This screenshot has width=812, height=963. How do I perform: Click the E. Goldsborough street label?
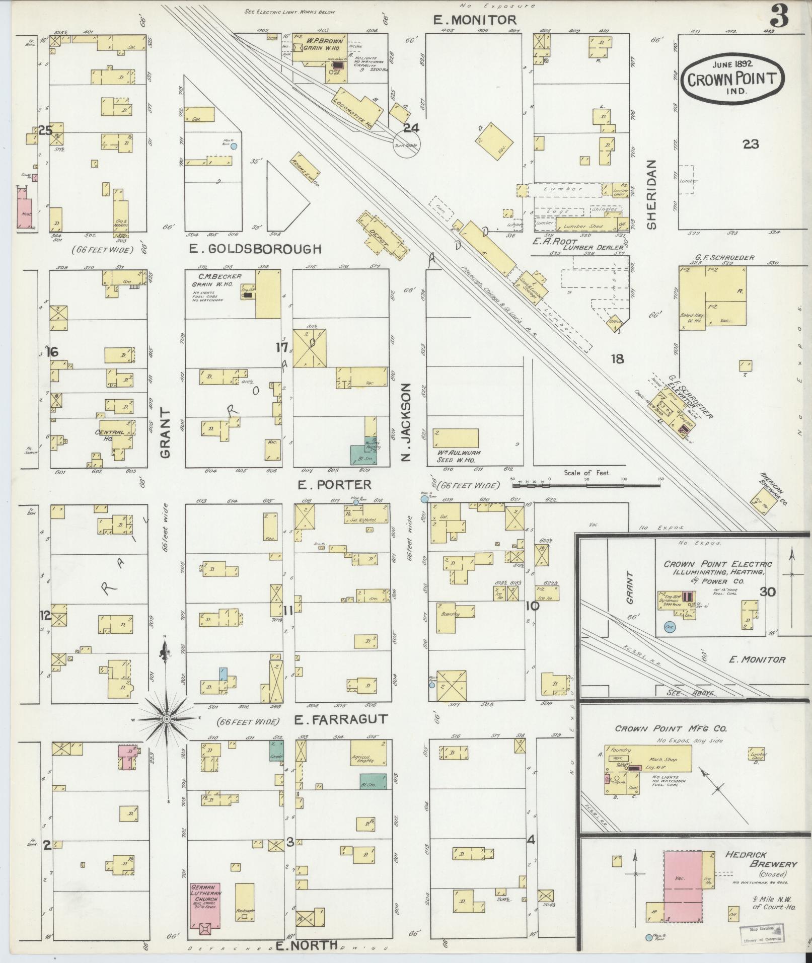255,249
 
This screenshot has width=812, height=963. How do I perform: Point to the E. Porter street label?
334,484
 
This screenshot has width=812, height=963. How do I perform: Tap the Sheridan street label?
652,194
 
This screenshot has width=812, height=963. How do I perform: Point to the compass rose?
166,720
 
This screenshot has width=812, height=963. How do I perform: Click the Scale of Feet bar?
586,486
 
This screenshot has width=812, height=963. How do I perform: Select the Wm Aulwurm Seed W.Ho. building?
456,437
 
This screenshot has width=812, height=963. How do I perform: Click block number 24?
411,128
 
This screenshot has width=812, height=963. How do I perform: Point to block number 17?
281,347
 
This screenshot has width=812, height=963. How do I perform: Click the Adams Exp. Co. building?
306,173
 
